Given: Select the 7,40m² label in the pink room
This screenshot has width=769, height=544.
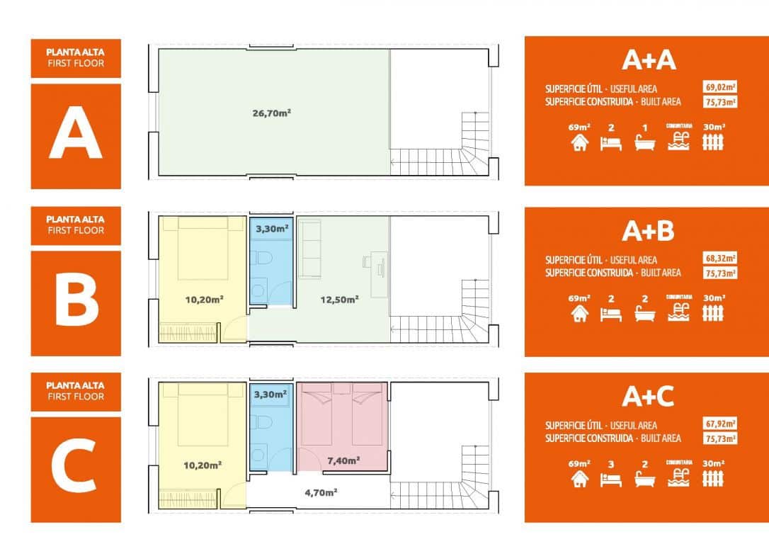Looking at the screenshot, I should (343, 460).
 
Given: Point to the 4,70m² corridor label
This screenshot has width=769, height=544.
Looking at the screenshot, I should (319, 492).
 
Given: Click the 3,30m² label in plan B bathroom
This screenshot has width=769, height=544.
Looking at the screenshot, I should (270, 229).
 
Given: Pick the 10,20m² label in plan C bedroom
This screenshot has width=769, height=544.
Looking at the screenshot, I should (203, 465).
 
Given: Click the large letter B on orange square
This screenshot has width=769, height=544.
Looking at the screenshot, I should (76, 302).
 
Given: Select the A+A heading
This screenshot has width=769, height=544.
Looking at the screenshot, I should (649, 61).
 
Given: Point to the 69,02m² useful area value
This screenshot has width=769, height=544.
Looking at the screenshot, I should (720, 88).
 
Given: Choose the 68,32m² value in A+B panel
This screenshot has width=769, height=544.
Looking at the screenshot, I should (720, 259).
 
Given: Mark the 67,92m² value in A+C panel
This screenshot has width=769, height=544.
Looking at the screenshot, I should (720, 424).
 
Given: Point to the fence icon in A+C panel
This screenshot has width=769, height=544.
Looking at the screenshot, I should (713, 480).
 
